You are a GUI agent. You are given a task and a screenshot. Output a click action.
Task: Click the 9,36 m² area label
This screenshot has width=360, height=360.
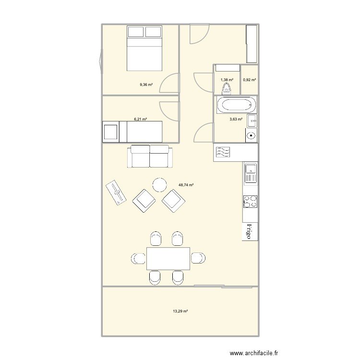click(146, 84)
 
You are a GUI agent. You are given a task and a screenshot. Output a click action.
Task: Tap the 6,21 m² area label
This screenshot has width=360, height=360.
click(141, 119)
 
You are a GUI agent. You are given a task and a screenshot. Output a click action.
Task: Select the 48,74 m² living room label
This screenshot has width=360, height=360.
click(186, 185)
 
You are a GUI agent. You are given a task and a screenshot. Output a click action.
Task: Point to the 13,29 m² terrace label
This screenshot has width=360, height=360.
click(180, 312)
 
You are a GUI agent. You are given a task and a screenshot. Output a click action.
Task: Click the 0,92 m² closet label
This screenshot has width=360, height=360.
click(250, 80)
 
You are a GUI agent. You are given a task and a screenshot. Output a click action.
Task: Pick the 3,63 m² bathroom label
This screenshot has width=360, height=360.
click(236, 119)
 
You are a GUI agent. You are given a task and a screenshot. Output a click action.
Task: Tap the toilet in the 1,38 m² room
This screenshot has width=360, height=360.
click(227, 89)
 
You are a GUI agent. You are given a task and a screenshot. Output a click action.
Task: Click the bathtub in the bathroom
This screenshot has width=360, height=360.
click(236, 105)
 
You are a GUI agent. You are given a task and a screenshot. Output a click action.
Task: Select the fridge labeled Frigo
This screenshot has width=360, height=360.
click(250, 231)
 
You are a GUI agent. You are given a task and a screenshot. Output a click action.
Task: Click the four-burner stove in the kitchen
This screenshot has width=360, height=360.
click(251, 202)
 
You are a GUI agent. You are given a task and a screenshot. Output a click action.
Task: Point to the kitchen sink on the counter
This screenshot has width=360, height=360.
click(251, 173)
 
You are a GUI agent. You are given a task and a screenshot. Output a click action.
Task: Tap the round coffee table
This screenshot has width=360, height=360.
click(160, 185)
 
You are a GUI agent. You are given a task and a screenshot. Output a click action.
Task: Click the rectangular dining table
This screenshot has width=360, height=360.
click(168, 258)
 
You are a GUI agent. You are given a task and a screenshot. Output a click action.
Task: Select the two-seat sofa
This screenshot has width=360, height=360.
click(150, 156)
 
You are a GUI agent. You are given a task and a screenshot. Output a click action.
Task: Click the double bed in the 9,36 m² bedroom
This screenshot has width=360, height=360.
click(144, 48)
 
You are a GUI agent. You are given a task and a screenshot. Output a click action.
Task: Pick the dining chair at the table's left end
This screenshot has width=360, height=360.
click(138, 258)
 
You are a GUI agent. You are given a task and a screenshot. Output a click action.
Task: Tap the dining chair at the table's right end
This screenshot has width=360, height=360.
click(198, 258)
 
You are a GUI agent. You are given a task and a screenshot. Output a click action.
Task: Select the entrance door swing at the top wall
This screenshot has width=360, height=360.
click(199, 34)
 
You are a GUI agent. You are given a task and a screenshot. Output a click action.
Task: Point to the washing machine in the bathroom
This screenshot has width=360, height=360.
click(252, 135)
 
